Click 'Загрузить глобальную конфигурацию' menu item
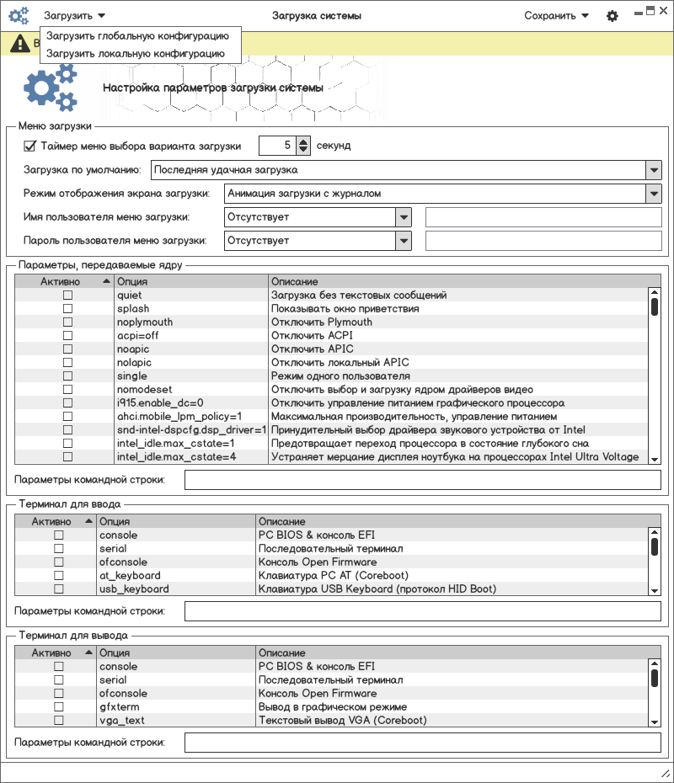click(x=137, y=36)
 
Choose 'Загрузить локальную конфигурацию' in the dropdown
click(x=136, y=53)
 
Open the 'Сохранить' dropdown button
click(x=556, y=15)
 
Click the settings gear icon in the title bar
click(x=612, y=16)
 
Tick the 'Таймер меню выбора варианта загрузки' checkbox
click(x=29, y=146)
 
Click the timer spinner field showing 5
click(x=277, y=146)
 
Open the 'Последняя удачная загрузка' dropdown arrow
click(x=654, y=170)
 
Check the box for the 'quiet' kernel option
click(x=67, y=296)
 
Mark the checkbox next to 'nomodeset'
click(x=67, y=390)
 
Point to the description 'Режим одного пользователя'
click(x=340, y=376)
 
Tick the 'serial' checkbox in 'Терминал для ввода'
click(x=59, y=549)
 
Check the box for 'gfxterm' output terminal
click(x=59, y=707)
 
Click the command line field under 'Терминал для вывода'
click(x=422, y=742)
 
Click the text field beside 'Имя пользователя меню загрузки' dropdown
click(x=543, y=217)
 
